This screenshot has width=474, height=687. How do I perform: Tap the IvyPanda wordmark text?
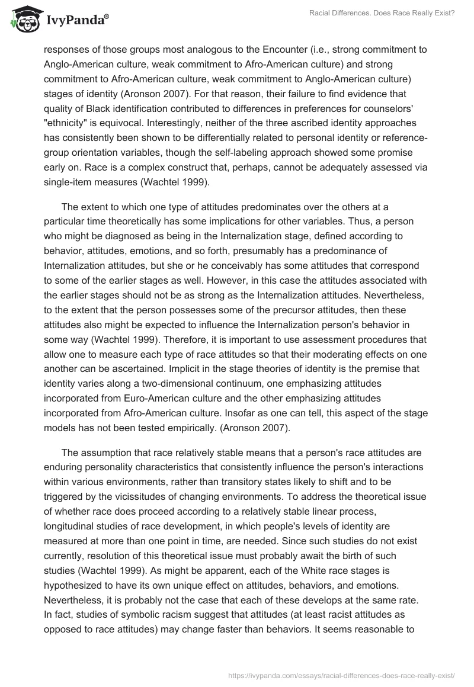click(73, 21)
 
